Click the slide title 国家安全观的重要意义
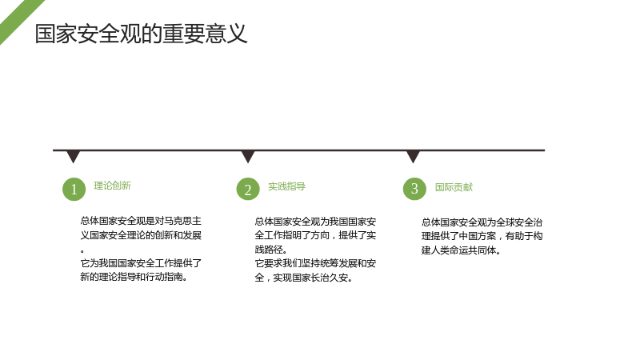141,34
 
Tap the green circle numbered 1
74,189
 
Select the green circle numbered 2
248,189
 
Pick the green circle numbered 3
414,189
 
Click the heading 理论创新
112,186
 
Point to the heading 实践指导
286,186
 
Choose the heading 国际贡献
454,187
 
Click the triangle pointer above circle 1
73,156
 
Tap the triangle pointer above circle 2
248,156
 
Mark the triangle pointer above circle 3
413,156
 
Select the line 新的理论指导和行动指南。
134,277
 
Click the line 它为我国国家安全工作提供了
141,263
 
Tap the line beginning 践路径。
271,250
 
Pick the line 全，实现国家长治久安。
304,278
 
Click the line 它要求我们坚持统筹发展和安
315,263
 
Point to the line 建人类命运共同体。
462,250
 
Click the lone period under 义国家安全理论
82,250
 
